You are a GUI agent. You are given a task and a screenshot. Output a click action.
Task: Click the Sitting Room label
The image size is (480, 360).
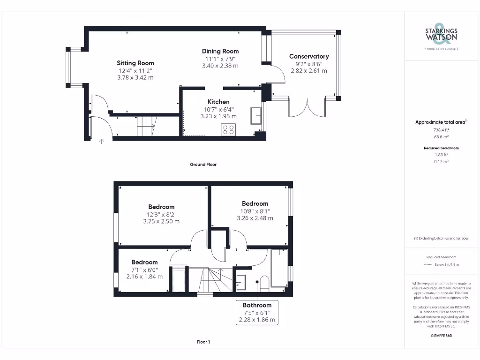(135, 63)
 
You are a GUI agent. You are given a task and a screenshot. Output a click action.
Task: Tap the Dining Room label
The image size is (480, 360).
(220, 51)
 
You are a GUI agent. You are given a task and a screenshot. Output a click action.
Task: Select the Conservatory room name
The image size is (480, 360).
(309, 56)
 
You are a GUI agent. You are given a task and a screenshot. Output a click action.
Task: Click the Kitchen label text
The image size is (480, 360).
(218, 102)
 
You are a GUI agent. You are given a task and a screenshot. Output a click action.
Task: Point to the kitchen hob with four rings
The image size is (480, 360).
(228, 129)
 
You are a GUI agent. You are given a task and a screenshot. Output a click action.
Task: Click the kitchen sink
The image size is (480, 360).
(256, 116)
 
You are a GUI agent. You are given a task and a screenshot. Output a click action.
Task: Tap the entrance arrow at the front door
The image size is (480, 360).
(101, 140)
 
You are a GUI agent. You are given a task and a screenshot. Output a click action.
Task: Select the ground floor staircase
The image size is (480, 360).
(146, 126)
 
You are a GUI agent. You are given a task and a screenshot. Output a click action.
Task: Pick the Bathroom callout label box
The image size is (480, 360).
(257, 313)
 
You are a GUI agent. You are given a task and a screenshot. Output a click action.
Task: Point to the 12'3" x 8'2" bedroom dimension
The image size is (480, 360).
(161, 214)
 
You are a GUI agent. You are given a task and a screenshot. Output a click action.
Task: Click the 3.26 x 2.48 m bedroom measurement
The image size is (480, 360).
(255, 218)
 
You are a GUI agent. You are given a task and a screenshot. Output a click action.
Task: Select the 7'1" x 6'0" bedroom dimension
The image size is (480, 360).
(144, 270)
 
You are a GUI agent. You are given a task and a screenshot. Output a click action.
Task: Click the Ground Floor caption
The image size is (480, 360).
(203, 165)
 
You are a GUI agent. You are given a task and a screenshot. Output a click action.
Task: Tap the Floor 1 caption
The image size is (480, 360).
(203, 342)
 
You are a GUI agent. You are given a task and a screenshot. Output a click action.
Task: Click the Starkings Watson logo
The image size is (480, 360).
(441, 36)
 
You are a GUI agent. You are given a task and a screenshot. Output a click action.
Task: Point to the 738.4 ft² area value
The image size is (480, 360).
(441, 129)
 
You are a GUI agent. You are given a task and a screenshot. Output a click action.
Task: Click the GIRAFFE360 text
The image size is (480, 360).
(441, 336)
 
